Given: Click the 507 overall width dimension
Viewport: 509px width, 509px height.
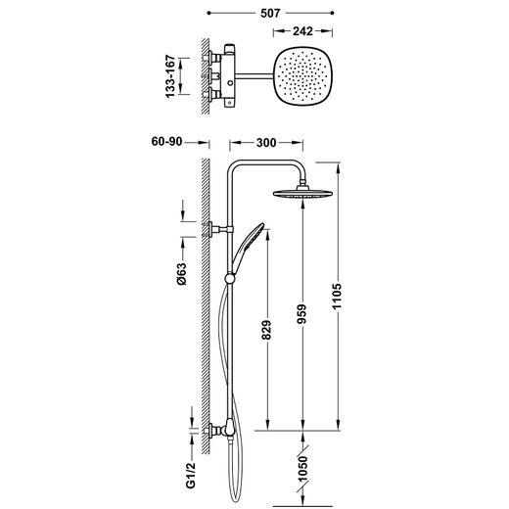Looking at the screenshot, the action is pos(270,13).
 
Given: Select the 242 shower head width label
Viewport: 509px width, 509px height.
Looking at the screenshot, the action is pos(302,31).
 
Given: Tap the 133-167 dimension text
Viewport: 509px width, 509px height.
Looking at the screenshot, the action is pos(170,76).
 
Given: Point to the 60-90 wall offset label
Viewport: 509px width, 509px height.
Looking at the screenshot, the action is pos(166,142).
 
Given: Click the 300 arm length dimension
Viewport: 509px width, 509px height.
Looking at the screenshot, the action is pos(266,143).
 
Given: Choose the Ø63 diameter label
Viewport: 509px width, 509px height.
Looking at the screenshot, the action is pos(182,274).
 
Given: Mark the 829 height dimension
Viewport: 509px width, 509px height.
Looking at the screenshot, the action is pos(266,330).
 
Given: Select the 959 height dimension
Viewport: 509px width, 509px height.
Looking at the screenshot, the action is pos(302,314).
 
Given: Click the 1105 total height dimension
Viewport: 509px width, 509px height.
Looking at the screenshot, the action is pos(337,297).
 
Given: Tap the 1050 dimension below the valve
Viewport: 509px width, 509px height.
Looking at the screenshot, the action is pos(302,470).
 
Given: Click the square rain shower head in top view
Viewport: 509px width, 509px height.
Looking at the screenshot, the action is pos(303,76).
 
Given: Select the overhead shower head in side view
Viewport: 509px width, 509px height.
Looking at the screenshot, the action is pos(303,192).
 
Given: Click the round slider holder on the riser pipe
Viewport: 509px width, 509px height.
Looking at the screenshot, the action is pos(230,278).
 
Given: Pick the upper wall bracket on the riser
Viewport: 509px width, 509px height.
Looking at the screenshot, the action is pos(218,229).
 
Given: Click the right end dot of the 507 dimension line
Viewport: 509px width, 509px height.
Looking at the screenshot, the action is pos(332,13).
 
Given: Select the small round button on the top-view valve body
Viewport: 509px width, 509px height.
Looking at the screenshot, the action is pos(231,83).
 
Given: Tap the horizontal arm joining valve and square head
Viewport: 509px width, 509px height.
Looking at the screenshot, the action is pos(254,76).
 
